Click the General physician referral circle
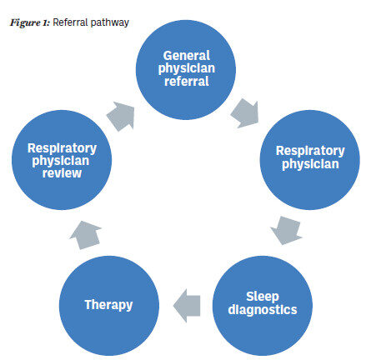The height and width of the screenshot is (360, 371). click(186, 70)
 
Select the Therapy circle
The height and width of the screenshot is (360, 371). click(109, 306)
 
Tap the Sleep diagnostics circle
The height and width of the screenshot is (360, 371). click(263, 306)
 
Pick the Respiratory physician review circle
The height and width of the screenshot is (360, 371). click(62, 160)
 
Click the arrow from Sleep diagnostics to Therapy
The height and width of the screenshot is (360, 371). click(187, 306)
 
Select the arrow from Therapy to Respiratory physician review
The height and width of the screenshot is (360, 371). click(85, 235)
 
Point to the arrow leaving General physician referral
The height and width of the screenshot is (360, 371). click(245, 113)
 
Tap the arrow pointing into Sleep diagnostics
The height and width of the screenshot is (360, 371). click(287, 231)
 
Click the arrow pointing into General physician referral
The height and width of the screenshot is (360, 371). click(121, 116)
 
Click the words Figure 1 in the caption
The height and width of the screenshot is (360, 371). click(30, 22)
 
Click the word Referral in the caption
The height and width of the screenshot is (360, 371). click(70, 22)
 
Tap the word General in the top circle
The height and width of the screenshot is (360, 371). click(187, 56)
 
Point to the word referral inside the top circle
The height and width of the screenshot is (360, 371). click(187, 81)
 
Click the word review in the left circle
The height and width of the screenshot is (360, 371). click(62, 173)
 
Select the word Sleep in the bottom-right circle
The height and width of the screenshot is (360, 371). click(263, 297)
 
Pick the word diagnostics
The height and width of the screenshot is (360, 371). click(263, 310)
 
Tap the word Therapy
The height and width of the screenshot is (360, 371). click(108, 305)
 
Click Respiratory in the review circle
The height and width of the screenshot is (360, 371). click(62, 148)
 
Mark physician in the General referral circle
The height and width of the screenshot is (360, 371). click(187, 68)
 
